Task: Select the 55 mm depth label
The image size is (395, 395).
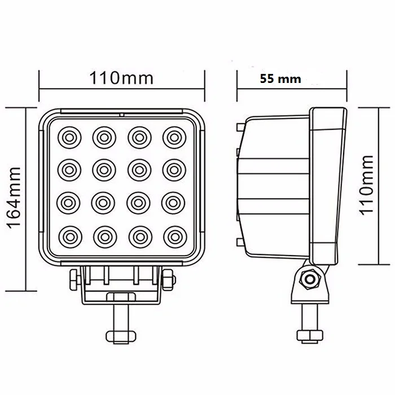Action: (280, 79)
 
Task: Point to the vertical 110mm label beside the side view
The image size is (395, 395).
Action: (367, 185)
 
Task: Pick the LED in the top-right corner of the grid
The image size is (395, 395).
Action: (172, 136)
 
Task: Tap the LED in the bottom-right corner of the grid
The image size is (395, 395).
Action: (172, 235)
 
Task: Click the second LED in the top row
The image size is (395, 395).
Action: (104, 136)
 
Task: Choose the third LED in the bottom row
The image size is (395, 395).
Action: (138, 235)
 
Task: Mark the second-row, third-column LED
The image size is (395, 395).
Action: (138, 169)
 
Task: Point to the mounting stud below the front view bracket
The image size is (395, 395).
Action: (121, 319)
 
